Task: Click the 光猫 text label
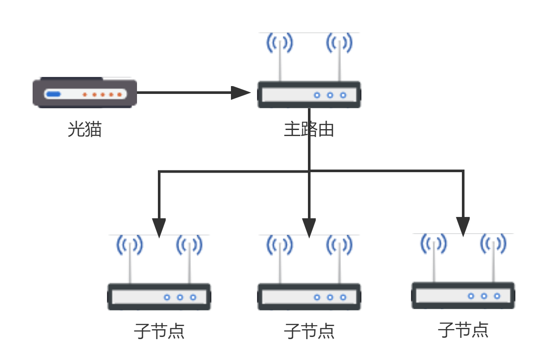tap(85, 129)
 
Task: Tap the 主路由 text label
tap(309, 129)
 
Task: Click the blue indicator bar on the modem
tap(53, 94)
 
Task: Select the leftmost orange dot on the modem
tap(85, 94)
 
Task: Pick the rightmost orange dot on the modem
tap(119, 94)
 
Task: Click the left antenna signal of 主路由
tap(280, 43)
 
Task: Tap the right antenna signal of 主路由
tap(339, 43)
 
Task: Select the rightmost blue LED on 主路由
tap(343, 95)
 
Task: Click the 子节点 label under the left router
tap(159, 331)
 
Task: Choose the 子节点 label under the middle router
tap(309, 331)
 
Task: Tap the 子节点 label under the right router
tap(463, 330)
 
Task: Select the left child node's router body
tap(159, 297)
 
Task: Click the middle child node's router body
tap(309, 297)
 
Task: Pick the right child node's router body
tap(463, 296)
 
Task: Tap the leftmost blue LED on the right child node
tap(471, 296)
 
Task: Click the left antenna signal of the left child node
tap(130, 245)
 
